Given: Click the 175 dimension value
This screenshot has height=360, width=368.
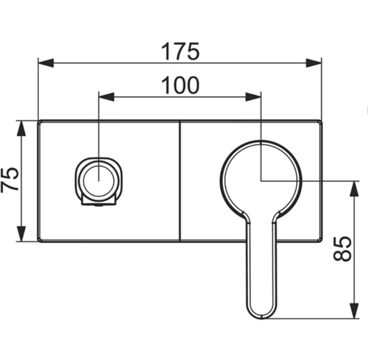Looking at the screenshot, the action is (180, 52).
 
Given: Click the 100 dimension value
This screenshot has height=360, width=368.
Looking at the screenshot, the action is (180, 85).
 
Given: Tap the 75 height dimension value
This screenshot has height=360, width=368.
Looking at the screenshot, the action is (10, 180).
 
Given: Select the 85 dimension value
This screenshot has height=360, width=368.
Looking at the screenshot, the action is (342, 248).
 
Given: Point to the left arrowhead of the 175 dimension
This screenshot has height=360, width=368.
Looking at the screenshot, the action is (46, 63).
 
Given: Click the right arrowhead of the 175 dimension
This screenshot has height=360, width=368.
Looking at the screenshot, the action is (314, 63).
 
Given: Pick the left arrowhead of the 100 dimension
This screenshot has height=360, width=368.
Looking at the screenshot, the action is (106, 96).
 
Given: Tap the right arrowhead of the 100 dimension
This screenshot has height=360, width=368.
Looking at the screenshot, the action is (253, 96).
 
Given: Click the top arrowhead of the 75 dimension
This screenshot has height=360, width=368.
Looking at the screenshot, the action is (21, 128).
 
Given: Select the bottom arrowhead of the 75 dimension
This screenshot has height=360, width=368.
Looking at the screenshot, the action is (21, 233).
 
